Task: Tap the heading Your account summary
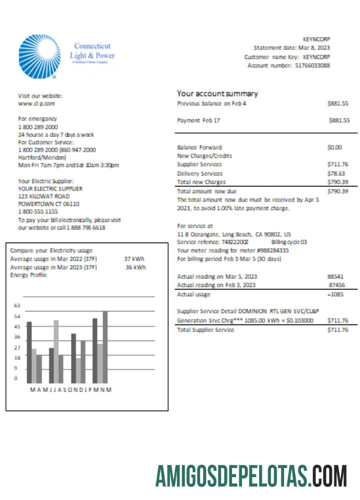click(217, 93)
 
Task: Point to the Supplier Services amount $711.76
click(337, 164)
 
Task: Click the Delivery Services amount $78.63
click(338, 173)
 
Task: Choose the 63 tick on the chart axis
click(17, 305)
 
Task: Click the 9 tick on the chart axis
click(15, 368)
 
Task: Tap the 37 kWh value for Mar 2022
click(134, 259)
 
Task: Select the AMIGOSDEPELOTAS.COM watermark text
click(251, 475)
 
